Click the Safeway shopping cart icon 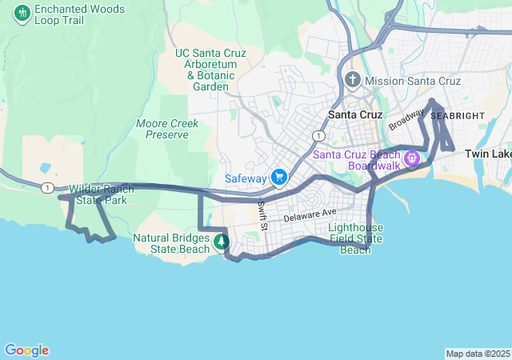279,177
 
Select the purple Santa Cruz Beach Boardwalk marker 412,159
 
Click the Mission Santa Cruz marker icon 354,81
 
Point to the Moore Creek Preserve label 162,129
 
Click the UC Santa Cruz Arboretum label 210,70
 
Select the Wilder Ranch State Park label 98,194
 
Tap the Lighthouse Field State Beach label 356,238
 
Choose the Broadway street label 406,120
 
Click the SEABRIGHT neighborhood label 458,116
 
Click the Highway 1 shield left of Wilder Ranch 47,187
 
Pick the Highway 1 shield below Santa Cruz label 318,136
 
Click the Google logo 26,350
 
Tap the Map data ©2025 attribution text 477,354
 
